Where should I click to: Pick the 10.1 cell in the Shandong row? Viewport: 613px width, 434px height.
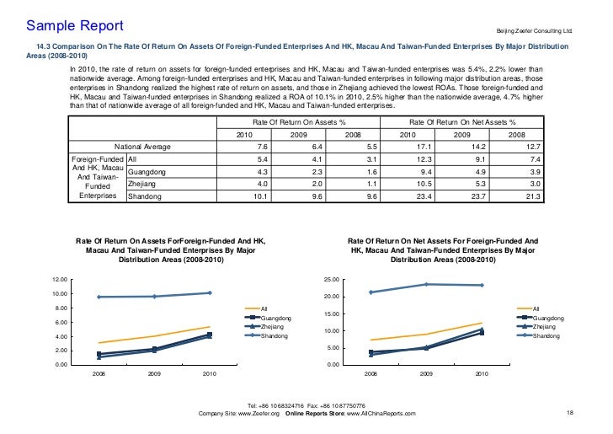(x=260, y=197)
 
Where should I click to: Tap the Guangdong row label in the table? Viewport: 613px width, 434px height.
(x=146, y=172)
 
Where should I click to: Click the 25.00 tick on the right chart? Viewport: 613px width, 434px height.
(x=331, y=279)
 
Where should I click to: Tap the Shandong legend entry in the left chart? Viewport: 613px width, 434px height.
(x=275, y=336)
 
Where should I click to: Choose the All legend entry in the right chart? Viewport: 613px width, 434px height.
(x=538, y=308)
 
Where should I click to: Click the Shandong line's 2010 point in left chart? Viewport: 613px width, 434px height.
(x=209, y=292)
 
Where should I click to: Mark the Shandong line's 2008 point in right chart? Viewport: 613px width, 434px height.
(x=370, y=292)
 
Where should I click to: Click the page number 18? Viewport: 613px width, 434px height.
(x=570, y=412)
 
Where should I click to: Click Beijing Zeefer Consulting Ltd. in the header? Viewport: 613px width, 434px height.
(x=532, y=30)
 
